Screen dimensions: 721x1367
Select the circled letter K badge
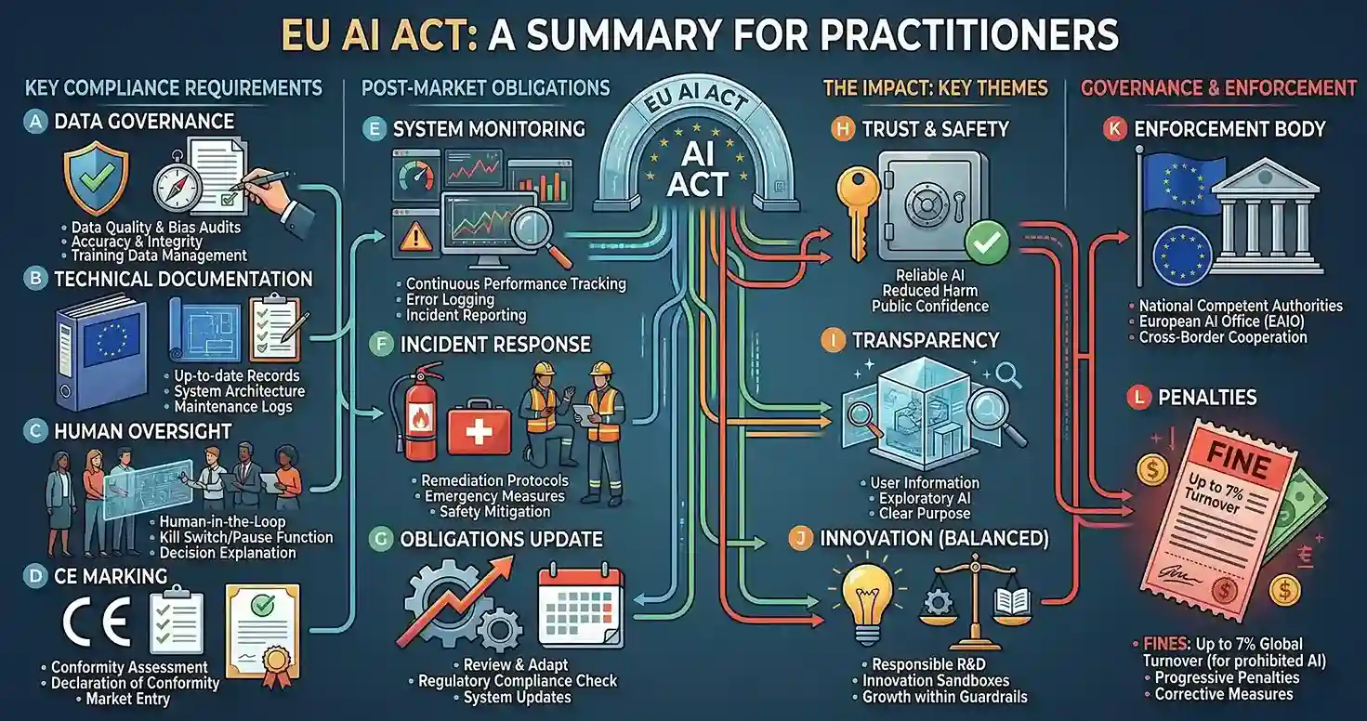(1114, 129)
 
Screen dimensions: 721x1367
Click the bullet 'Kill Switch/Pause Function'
(246, 537)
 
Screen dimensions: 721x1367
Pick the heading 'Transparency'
(926, 340)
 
